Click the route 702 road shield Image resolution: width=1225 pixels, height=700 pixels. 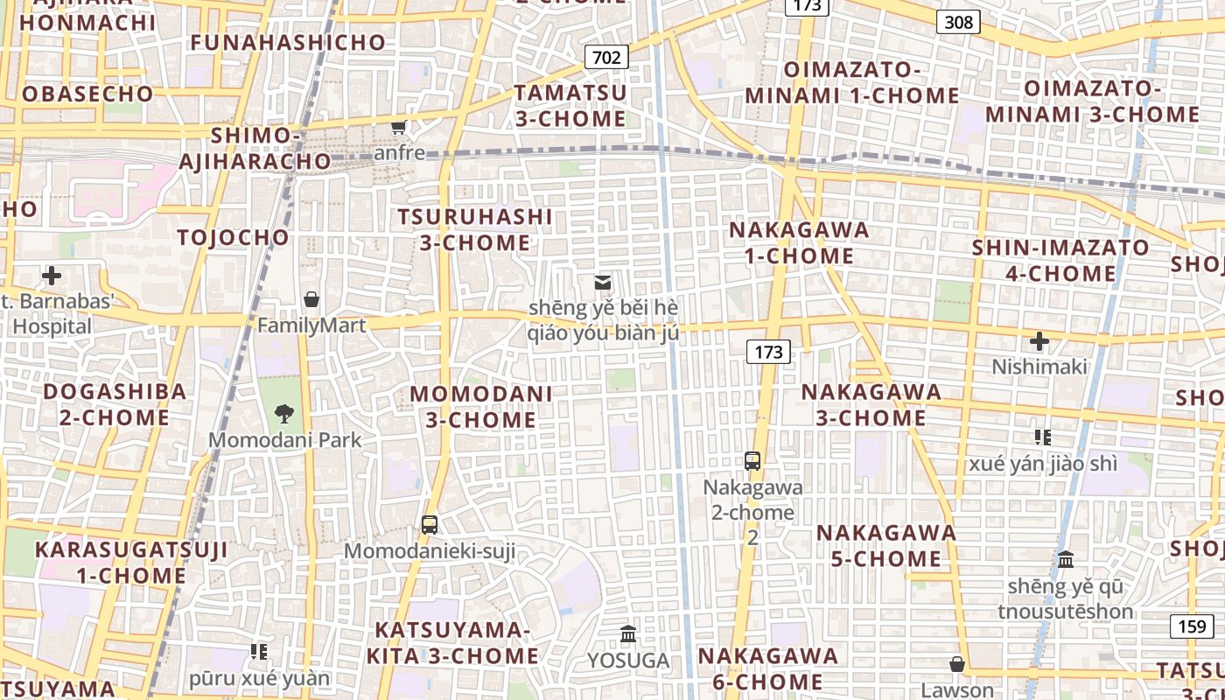coord(605,58)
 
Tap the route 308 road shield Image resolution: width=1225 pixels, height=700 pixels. coord(958,22)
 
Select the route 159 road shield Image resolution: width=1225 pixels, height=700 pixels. coord(1192,626)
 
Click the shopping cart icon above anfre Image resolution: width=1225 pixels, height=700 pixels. coord(399,128)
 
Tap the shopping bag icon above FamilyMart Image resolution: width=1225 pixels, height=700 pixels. coord(311,299)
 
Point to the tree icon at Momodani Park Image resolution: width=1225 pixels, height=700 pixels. coord(283,414)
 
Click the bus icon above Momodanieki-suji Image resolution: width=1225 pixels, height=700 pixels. coord(429,525)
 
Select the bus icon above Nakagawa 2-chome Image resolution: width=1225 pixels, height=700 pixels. coord(752,460)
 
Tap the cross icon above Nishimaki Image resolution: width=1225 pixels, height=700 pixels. coord(1039,341)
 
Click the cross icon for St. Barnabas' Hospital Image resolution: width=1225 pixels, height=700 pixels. coord(52,276)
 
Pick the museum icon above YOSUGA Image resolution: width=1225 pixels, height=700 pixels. coord(628,634)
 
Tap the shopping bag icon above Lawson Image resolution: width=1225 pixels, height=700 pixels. coord(957,664)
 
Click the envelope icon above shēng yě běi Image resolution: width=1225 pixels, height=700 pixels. coord(602,283)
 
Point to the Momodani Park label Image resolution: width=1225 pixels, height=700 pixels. coord(284,439)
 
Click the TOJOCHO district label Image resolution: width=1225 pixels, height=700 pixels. coord(233,237)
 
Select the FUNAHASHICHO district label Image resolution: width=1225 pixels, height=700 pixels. coord(288,42)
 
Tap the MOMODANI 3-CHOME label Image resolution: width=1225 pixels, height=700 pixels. coord(481,407)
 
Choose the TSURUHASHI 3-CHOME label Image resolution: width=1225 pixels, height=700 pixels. coord(475,229)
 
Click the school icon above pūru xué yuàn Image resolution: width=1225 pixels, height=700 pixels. coord(259,651)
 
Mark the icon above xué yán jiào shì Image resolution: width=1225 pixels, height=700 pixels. coord(1042,437)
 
